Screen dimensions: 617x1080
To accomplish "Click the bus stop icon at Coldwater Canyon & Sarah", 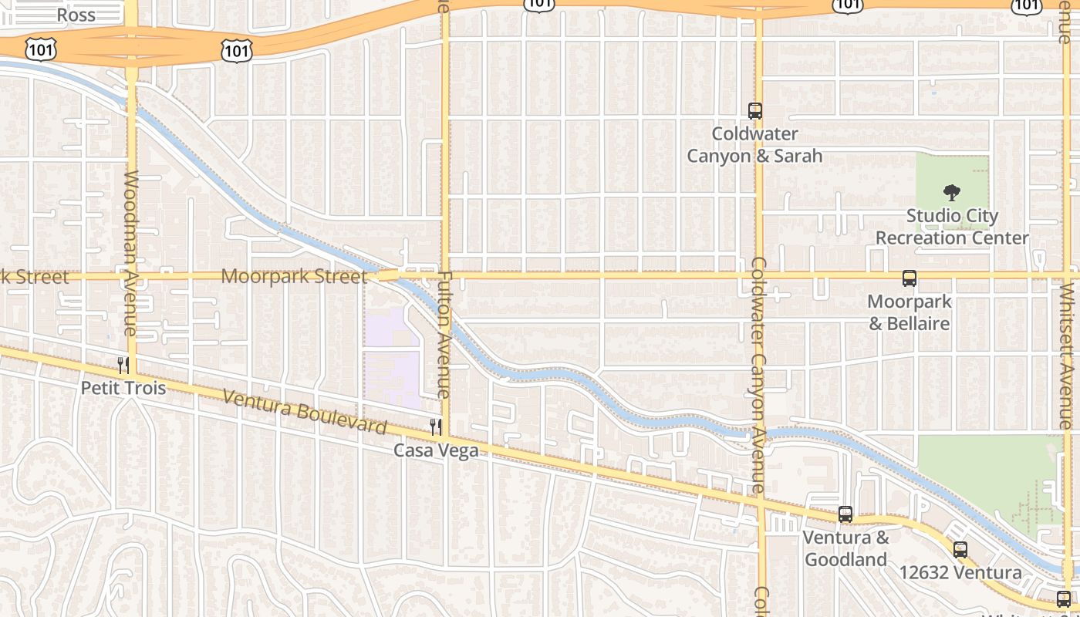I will [755, 111].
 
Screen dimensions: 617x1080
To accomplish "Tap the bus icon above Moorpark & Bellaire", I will [910, 279].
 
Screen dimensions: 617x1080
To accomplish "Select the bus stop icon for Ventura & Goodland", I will [845, 514].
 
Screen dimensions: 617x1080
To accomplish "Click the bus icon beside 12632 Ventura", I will [960, 550].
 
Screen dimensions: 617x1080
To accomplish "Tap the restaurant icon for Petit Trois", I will [123, 365].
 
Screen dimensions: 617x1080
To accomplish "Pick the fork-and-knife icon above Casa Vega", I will [436, 427].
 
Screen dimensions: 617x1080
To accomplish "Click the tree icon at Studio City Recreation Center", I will [952, 193].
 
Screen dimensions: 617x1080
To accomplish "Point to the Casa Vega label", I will [436, 450].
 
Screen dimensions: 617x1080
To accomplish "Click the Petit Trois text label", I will [123, 387].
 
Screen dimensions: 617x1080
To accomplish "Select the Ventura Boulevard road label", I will [305, 412].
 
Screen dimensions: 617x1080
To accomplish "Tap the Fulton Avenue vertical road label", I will [445, 335].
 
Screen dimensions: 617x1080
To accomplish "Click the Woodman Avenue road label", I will [130, 253].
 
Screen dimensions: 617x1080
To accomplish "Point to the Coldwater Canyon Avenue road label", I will [758, 375].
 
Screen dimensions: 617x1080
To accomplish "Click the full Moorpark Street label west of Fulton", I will [294, 276].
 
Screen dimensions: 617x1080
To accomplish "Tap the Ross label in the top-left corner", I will [76, 15].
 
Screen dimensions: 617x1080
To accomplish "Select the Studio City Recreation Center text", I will [952, 227].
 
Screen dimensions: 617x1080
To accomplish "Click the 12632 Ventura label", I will [960, 573].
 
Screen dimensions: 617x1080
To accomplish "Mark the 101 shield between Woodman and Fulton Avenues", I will [236, 51].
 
